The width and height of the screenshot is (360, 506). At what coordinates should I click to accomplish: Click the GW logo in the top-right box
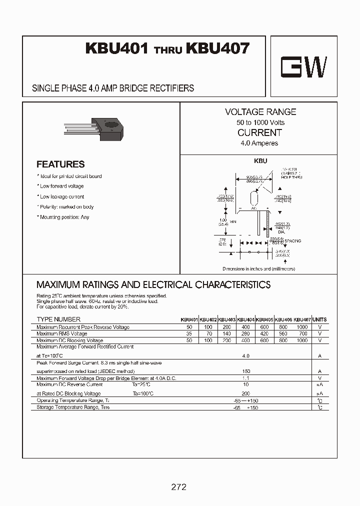coord(303,66)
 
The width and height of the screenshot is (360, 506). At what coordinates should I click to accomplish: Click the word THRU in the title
coord(167,50)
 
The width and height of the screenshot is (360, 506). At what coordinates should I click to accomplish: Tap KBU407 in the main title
coord(217,48)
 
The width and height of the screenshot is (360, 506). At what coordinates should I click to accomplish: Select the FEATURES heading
coord(60,164)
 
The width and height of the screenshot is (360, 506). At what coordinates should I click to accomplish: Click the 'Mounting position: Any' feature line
coord(63,217)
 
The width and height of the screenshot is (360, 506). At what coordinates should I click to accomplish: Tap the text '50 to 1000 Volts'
coord(260,122)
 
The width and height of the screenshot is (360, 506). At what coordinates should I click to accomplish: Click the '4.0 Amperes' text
coord(259,143)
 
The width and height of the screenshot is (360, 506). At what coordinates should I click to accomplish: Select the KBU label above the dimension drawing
coord(261,161)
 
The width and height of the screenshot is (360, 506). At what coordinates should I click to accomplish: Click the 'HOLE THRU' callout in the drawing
coord(291,177)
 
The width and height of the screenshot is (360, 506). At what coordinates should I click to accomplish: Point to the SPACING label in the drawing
coord(293,240)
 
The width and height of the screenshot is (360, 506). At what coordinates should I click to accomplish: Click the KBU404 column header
coord(245,319)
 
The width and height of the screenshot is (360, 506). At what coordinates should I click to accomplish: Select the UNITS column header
coord(319,319)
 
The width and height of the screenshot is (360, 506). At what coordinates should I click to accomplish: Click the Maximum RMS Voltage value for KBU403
coord(226,333)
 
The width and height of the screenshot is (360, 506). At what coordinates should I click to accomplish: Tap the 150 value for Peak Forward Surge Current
coord(245,371)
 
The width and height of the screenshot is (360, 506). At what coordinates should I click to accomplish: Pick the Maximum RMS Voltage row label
coord(62,333)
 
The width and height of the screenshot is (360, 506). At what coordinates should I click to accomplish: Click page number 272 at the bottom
coord(178,486)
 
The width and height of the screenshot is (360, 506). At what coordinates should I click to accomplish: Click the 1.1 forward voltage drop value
coord(245,378)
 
